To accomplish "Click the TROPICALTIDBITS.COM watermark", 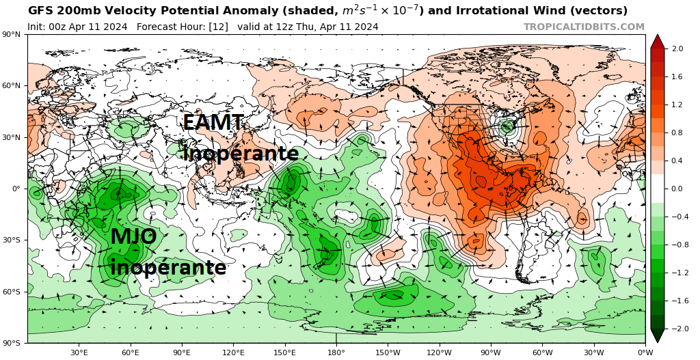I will coord(584,27).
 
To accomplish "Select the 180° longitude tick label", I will coord(336,352).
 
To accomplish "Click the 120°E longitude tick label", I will coord(233,352).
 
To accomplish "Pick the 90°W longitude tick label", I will coord(491,352).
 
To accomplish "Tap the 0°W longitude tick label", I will coord(645,352).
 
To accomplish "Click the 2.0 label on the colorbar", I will coord(677,49).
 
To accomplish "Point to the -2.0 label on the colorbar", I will coord(676,329).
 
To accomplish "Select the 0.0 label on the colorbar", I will coord(677,189).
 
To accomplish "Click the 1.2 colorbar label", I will coord(677,105).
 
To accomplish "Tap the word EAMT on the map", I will coord(213,123).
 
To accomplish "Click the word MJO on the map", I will coord(133,237).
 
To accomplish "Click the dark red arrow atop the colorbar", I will coord(657,40).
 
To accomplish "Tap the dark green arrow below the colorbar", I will coord(657,336).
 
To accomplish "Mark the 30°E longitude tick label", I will coord(79,352).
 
